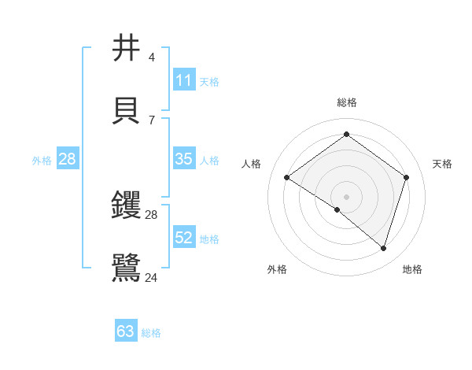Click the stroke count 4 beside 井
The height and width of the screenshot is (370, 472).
click(x=151, y=57)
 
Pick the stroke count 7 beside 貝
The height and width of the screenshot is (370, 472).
click(x=151, y=120)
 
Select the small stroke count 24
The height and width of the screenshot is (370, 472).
click(x=151, y=277)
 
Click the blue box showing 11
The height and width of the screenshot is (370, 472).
click(x=184, y=80)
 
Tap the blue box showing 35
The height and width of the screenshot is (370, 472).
click(x=184, y=159)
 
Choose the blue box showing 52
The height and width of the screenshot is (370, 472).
click(x=184, y=238)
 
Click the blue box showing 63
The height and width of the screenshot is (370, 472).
click(x=126, y=331)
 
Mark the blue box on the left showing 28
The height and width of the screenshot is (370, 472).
click(x=68, y=159)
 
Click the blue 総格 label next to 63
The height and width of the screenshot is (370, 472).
click(x=151, y=333)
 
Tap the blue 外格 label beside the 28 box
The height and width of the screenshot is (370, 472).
click(x=42, y=161)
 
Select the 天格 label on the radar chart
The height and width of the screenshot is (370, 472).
click(x=442, y=164)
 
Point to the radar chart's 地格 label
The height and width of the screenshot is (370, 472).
click(x=412, y=269)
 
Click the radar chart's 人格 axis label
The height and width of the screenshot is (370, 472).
click(x=252, y=164)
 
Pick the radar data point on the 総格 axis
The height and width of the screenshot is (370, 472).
click(x=346, y=135)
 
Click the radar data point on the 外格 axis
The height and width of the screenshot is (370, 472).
click(x=337, y=209)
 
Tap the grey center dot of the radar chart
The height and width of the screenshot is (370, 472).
click(x=346, y=195)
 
